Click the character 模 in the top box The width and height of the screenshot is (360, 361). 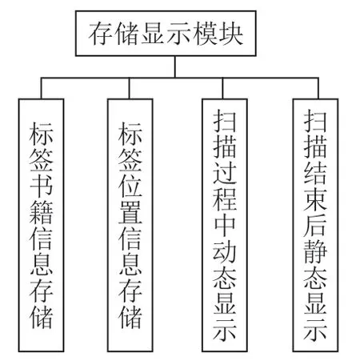tap(205, 34)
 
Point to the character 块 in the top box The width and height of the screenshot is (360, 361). tap(230, 34)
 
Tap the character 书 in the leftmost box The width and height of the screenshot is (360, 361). tap(41, 185)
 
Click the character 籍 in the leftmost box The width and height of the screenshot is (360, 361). tap(41, 212)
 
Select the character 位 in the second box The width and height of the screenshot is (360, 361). tap(130, 185)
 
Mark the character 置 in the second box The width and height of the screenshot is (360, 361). tap(130, 212)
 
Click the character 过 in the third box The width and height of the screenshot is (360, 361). tap(225, 172)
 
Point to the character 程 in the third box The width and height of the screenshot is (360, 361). tap(225, 199)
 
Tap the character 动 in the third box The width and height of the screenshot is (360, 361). tap(225, 251)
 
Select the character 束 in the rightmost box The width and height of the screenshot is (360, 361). tap(315, 199)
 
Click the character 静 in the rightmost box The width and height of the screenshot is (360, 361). tap(315, 251)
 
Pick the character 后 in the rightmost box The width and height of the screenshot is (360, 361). tap(315, 225)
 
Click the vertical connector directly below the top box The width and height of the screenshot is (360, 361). tap(175, 66)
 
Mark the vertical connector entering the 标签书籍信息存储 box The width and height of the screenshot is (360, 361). tap(41, 88)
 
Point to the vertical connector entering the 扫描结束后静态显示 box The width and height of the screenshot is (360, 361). tap(318, 88)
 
